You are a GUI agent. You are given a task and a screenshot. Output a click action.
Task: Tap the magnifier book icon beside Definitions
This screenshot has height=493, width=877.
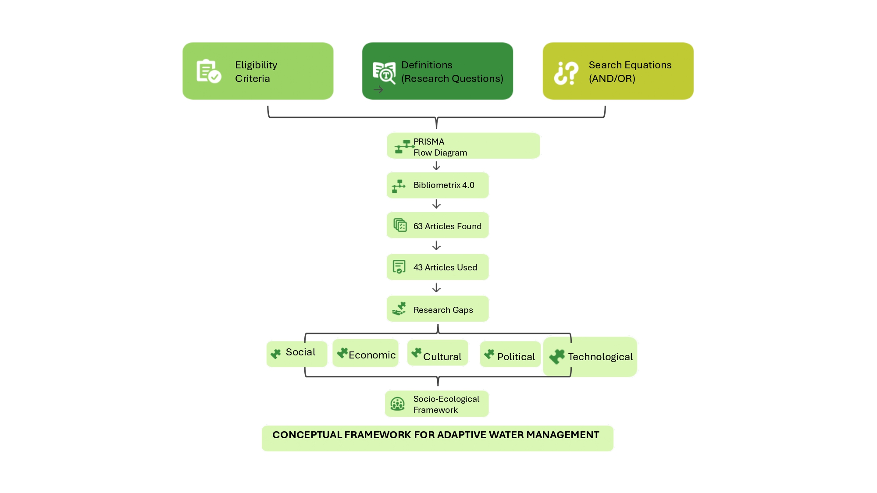pos(384,72)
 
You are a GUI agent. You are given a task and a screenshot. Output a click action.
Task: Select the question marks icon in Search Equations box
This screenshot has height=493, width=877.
pos(566,73)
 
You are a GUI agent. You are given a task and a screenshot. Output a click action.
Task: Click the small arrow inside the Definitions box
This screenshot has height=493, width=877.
pos(378,90)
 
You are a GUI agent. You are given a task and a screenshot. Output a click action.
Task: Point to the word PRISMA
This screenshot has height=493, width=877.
pos(429,142)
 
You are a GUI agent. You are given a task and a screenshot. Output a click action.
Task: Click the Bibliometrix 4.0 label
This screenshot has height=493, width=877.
pos(444,185)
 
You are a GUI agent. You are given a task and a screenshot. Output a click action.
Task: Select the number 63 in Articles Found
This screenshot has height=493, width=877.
pos(418,226)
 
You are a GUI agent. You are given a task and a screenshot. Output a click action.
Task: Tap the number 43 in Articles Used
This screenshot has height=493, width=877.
pos(418,267)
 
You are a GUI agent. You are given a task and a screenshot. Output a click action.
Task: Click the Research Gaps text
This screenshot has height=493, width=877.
pos(443,310)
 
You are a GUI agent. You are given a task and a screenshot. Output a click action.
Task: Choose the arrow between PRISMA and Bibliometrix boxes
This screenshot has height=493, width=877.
pos(436,166)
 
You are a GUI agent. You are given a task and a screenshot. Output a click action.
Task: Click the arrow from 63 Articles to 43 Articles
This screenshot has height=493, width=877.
pos(436,246)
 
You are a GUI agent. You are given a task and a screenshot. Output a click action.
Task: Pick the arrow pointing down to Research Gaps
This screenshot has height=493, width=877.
pos(436,288)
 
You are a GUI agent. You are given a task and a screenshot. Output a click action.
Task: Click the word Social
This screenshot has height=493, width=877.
pos(300,352)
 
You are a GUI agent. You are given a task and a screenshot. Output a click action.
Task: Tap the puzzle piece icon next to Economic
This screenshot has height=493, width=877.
pos(342,353)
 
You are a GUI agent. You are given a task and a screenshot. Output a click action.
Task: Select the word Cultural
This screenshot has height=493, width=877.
pos(442,357)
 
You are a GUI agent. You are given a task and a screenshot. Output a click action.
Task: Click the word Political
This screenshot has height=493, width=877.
pos(516,357)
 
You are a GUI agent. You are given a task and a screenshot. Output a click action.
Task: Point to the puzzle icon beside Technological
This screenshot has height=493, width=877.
pos(557,356)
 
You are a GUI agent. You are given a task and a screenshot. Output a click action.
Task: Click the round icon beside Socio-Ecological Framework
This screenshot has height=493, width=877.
pos(398,404)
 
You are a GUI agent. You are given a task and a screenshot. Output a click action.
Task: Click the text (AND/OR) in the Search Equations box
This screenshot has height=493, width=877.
pos(612,78)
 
